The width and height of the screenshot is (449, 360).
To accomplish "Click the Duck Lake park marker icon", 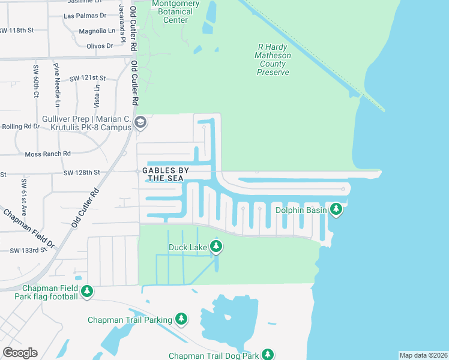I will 216,247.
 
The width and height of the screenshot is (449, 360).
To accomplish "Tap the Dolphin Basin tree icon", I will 337,209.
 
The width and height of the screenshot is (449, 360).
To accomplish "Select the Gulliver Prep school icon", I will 140,123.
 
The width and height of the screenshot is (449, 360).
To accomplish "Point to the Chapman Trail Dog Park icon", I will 268,355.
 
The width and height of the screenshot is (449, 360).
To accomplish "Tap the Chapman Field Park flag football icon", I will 87,292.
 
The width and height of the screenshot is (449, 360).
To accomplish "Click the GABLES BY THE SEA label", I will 165,175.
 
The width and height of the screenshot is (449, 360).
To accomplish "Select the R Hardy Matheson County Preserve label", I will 273,60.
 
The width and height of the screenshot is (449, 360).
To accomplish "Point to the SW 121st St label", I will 88,78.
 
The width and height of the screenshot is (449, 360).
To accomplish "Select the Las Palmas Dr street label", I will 84,16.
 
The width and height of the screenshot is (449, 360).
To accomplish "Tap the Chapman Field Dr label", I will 29,229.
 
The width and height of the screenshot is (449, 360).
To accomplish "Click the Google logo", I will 20,353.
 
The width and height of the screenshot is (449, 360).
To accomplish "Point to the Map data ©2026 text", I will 423,355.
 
